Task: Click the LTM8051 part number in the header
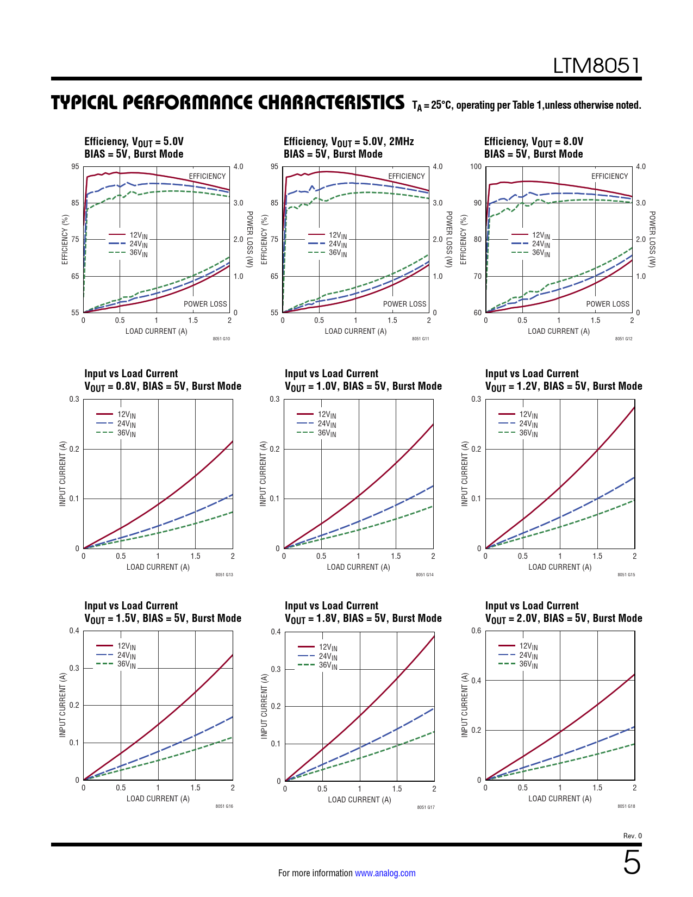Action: [x=597, y=66]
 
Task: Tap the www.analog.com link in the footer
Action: [x=385, y=873]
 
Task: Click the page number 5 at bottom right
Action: [x=632, y=863]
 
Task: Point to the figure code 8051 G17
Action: [x=426, y=807]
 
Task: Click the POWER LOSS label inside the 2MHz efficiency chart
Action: [x=404, y=304]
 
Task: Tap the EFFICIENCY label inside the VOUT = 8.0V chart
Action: [x=609, y=176]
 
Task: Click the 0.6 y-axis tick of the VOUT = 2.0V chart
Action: [x=476, y=631]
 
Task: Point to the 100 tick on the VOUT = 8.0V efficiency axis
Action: [x=476, y=166]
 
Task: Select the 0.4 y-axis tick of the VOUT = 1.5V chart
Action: [x=74, y=631]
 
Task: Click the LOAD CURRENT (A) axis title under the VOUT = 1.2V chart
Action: [x=560, y=567]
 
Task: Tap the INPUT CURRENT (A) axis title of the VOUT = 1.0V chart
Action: [x=263, y=474]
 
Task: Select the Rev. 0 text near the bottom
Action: [x=632, y=836]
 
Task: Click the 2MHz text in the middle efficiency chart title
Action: [x=401, y=142]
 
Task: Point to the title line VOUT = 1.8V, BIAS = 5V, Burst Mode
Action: [x=363, y=619]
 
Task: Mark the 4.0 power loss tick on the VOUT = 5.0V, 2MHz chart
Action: [x=438, y=166]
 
